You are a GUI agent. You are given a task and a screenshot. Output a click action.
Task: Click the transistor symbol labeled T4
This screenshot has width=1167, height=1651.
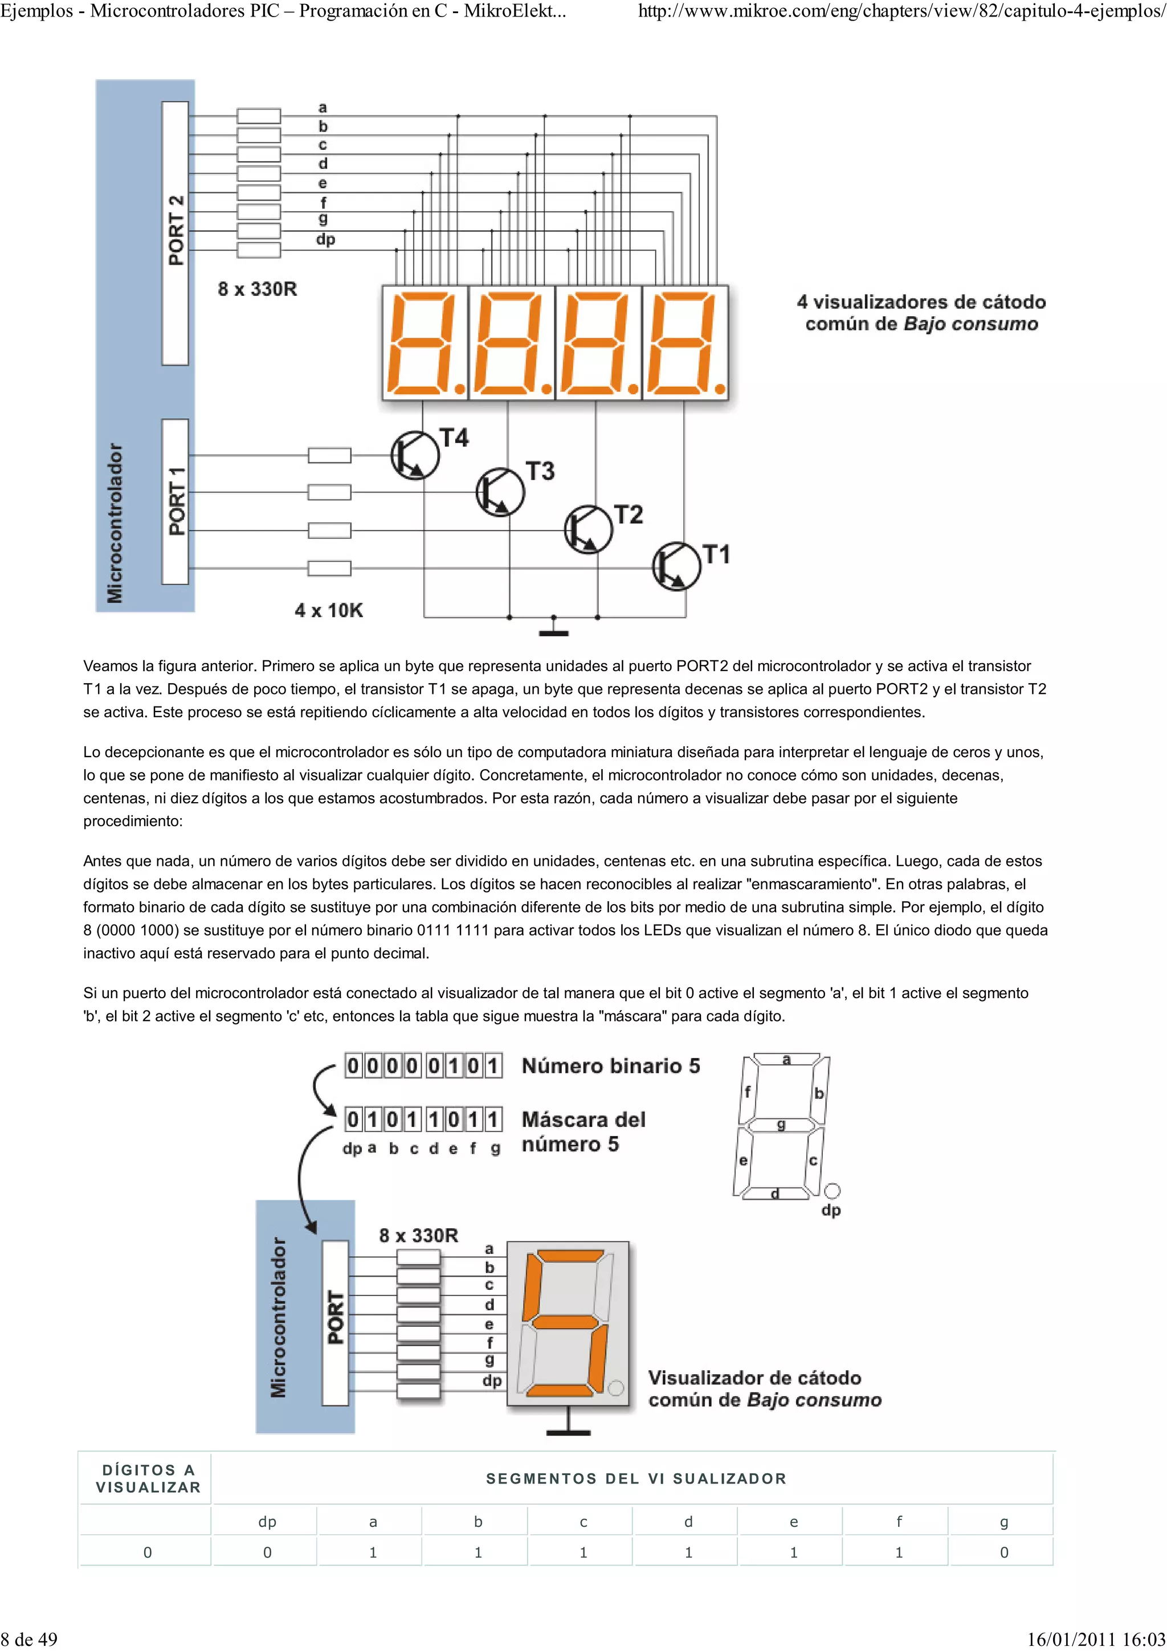[x=415, y=455]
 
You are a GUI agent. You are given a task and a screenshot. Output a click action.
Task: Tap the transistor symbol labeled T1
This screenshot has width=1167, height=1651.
[x=676, y=567]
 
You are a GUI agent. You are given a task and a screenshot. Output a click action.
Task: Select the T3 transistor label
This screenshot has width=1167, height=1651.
[x=540, y=472]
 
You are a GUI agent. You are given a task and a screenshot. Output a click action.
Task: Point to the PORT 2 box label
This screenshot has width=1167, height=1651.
[x=176, y=230]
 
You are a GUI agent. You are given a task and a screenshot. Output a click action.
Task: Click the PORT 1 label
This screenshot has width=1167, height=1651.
[x=176, y=501]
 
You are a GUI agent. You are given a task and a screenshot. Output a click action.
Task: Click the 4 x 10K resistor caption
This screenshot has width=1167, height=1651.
[x=329, y=611]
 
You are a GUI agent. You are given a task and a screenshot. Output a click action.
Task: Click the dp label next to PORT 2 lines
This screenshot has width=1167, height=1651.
[x=325, y=239]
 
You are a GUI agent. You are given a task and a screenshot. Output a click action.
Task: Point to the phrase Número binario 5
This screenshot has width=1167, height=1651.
[x=610, y=1066]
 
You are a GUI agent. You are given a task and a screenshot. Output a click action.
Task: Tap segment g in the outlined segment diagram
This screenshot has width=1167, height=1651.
[x=781, y=1125]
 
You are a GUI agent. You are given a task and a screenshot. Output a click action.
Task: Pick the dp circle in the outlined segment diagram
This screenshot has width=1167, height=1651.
[x=832, y=1191]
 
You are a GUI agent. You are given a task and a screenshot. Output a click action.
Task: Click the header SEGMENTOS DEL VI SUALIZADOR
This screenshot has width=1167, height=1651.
[x=635, y=1478]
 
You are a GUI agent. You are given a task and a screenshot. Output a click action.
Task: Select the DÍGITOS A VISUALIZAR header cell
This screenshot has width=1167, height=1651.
[x=148, y=1478]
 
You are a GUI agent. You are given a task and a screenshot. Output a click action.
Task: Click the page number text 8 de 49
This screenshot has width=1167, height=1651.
[x=30, y=1638]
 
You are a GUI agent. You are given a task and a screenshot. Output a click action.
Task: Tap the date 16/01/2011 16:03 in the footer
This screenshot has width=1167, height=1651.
[x=1095, y=1638]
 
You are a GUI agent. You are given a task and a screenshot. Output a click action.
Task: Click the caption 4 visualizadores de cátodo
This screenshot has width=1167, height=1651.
[x=921, y=302]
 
